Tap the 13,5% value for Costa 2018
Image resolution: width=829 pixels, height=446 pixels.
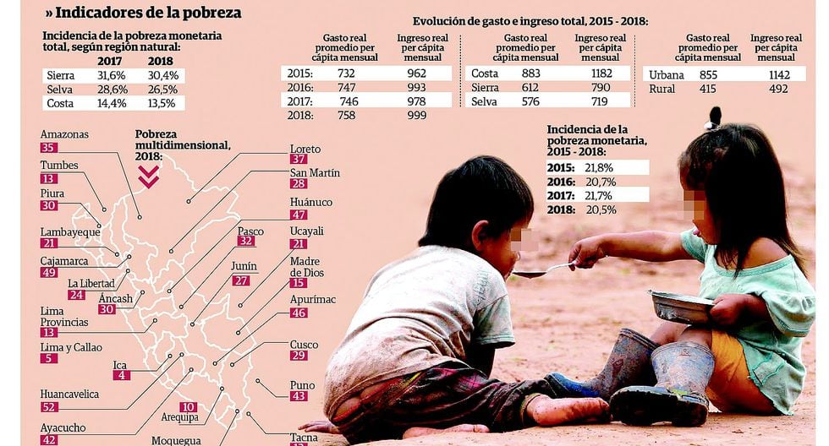pos(162,104)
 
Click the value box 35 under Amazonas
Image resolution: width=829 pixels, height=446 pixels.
pos(48,148)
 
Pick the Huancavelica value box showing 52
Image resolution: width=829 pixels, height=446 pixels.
pos(49,407)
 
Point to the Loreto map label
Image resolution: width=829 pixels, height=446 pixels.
pos(305,150)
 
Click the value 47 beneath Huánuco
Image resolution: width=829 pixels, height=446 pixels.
pos(299,215)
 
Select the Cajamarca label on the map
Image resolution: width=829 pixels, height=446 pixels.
pos(64,261)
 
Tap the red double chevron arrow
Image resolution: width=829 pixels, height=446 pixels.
pos(149,175)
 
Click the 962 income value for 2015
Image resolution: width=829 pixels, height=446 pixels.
pos(416,73)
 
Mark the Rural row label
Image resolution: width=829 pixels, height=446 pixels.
pos(662,89)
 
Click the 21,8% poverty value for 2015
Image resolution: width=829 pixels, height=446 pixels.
pos(599,168)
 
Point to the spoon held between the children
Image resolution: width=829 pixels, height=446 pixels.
pos(541,270)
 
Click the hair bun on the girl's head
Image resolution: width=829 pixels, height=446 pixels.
pos(715,117)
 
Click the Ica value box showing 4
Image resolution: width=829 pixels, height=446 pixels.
pos(122,375)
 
